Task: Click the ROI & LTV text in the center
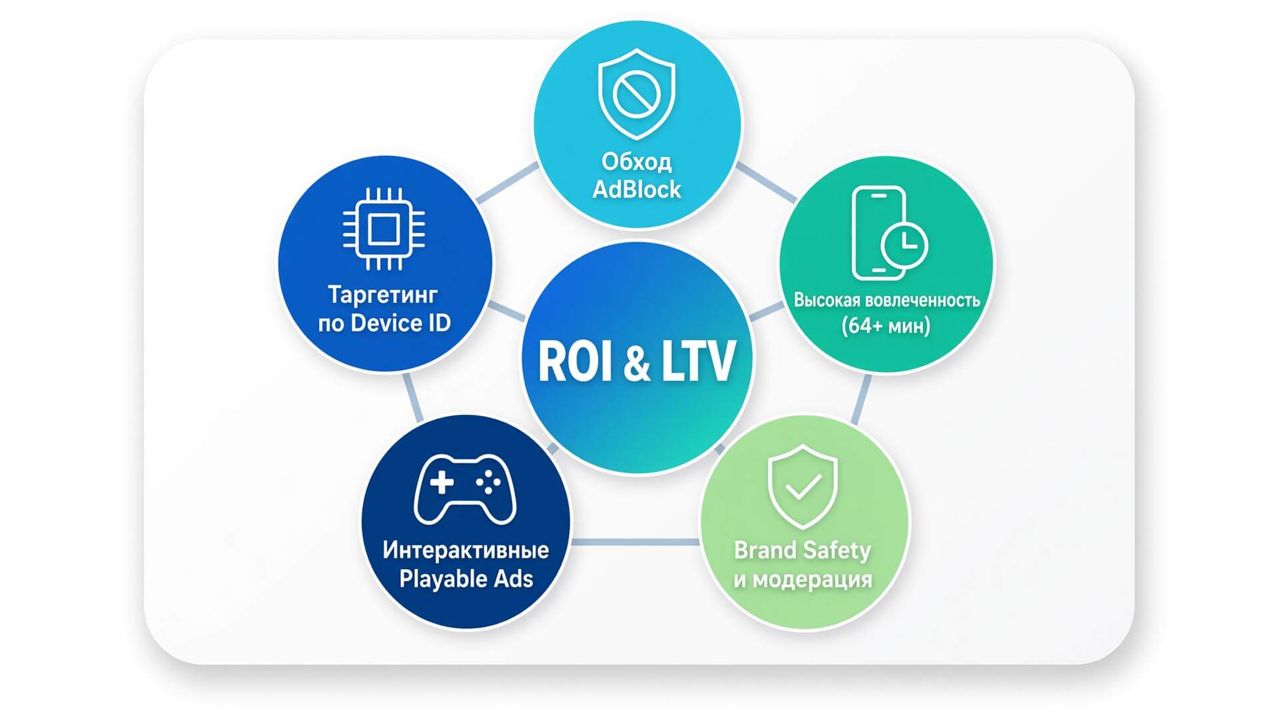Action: (x=636, y=361)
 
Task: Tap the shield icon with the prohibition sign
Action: (x=636, y=94)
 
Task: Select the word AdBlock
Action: (x=636, y=190)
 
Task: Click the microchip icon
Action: (x=384, y=230)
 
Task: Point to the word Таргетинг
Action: (x=383, y=294)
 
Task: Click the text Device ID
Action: (x=400, y=324)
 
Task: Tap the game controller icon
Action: (x=465, y=489)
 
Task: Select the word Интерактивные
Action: (x=466, y=550)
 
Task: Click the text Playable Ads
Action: (x=466, y=579)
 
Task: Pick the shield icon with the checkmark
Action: (x=803, y=487)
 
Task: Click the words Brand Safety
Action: (x=802, y=551)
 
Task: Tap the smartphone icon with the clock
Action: (x=889, y=233)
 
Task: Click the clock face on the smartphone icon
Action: (x=904, y=245)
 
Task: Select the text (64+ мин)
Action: (x=886, y=326)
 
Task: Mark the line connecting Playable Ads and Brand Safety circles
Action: (x=636, y=542)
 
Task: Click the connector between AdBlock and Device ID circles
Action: (x=508, y=182)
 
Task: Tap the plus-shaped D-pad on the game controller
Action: (x=442, y=482)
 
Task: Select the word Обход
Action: (x=636, y=161)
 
